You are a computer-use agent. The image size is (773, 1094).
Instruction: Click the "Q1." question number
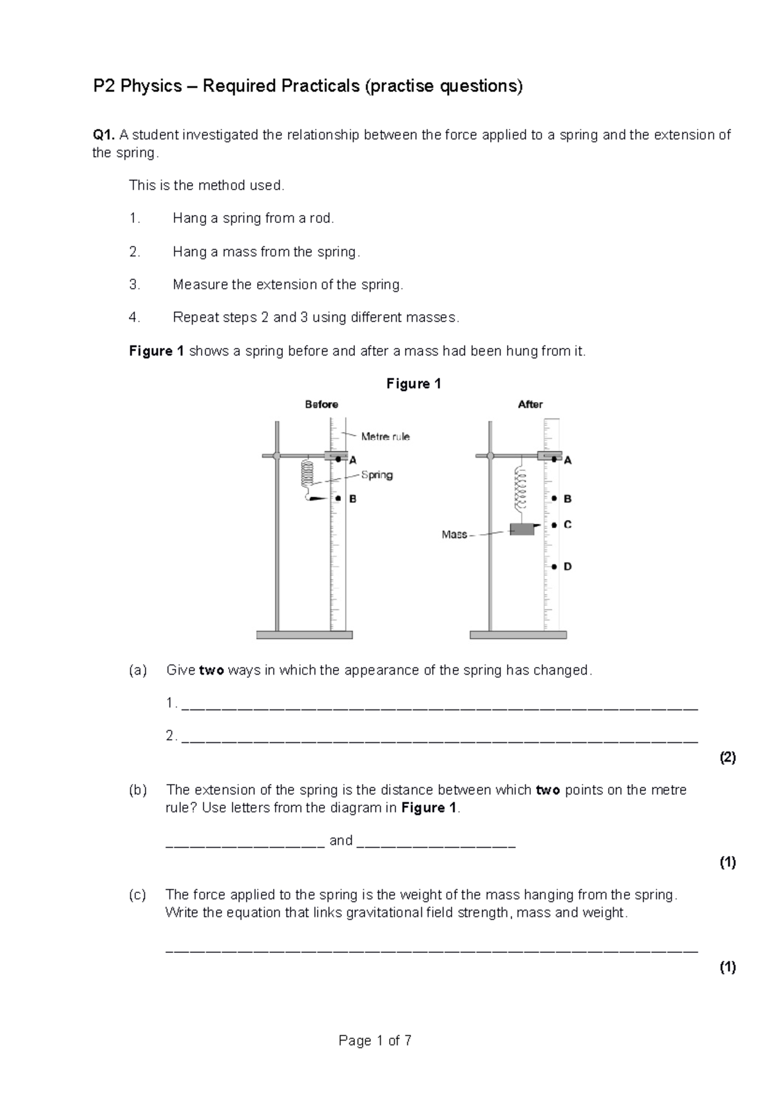pyautogui.click(x=103, y=135)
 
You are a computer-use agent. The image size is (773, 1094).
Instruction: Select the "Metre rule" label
pyautogui.click(x=385, y=437)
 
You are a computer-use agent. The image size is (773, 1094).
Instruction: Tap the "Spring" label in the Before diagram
pyautogui.click(x=377, y=475)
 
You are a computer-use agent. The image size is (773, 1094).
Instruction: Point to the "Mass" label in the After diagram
pyautogui.click(x=454, y=535)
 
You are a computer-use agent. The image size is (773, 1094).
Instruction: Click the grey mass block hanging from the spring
pyautogui.click(x=522, y=529)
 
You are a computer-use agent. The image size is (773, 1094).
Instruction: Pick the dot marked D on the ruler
pyautogui.click(x=554, y=566)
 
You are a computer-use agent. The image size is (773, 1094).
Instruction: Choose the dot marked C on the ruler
pyautogui.click(x=554, y=525)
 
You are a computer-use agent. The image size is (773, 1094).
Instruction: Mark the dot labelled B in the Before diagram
pyautogui.click(x=338, y=499)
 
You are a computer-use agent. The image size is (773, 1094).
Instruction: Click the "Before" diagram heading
pyautogui.click(x=321, y=405)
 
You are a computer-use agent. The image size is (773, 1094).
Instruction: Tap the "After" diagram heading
pyautogui.click(x=530, y=405)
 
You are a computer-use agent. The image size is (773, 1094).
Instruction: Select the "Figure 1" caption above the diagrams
pyautogui.click(x=414, y=384)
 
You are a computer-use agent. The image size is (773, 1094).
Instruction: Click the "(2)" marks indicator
pyautogui.click(x=728, y=758)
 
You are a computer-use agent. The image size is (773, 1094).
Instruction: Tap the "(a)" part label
pyautogui.click(x=138, y=671)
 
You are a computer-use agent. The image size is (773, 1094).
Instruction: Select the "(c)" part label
pyautogui.click(x=137, y=895)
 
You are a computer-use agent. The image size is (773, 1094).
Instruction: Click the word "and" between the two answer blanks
pyautogui.click(x=341, y=841)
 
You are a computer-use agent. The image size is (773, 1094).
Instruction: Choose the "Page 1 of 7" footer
pyautogui.click(x=375, y=1041)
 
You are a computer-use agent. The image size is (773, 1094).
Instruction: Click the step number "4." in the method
pyautogui.click(x=134, y=318)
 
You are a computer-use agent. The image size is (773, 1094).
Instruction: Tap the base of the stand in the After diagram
pyautogui.click(x=518, y=635)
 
